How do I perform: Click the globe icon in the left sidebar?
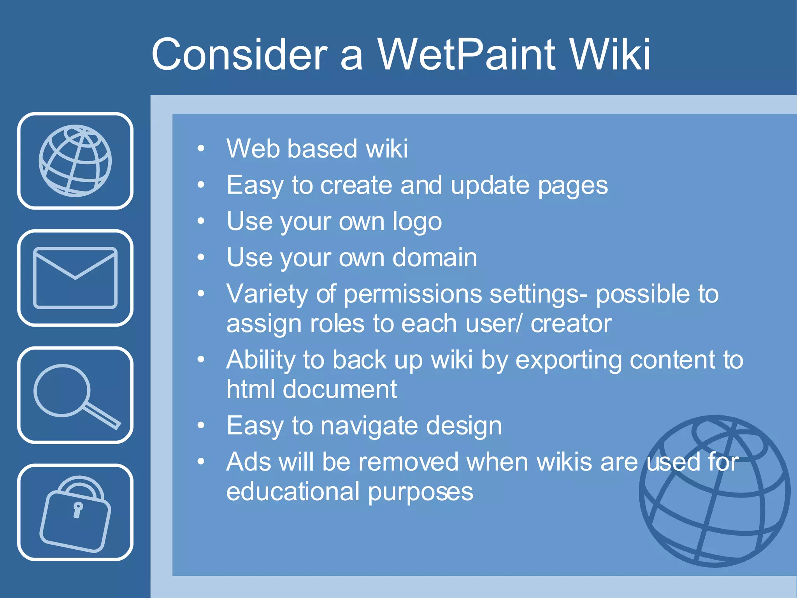[x=75, y=160]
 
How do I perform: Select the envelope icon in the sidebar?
[x=75, y=278]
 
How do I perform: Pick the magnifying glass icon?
[x=75, y=395]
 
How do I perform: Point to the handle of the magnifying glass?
[x=102, y=416]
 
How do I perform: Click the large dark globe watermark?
[x=714, y=491]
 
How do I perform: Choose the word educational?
[x=293, y=492]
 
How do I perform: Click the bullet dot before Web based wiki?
[x=201, y=148]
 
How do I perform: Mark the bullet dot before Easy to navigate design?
[x=201, y=426]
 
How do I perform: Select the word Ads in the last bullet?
[x=249, y=462]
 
